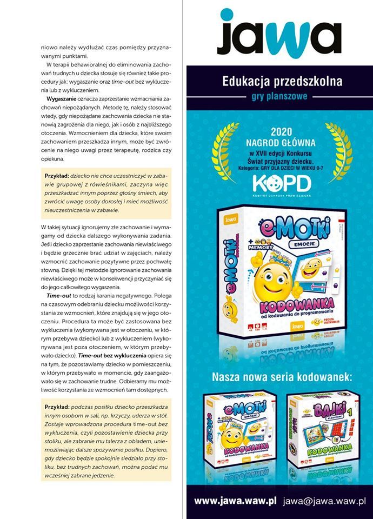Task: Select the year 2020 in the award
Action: (281, 131)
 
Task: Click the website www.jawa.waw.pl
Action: (235, 501)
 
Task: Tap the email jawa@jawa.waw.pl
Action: (324, 501)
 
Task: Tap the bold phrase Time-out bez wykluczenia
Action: (111, 357)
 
